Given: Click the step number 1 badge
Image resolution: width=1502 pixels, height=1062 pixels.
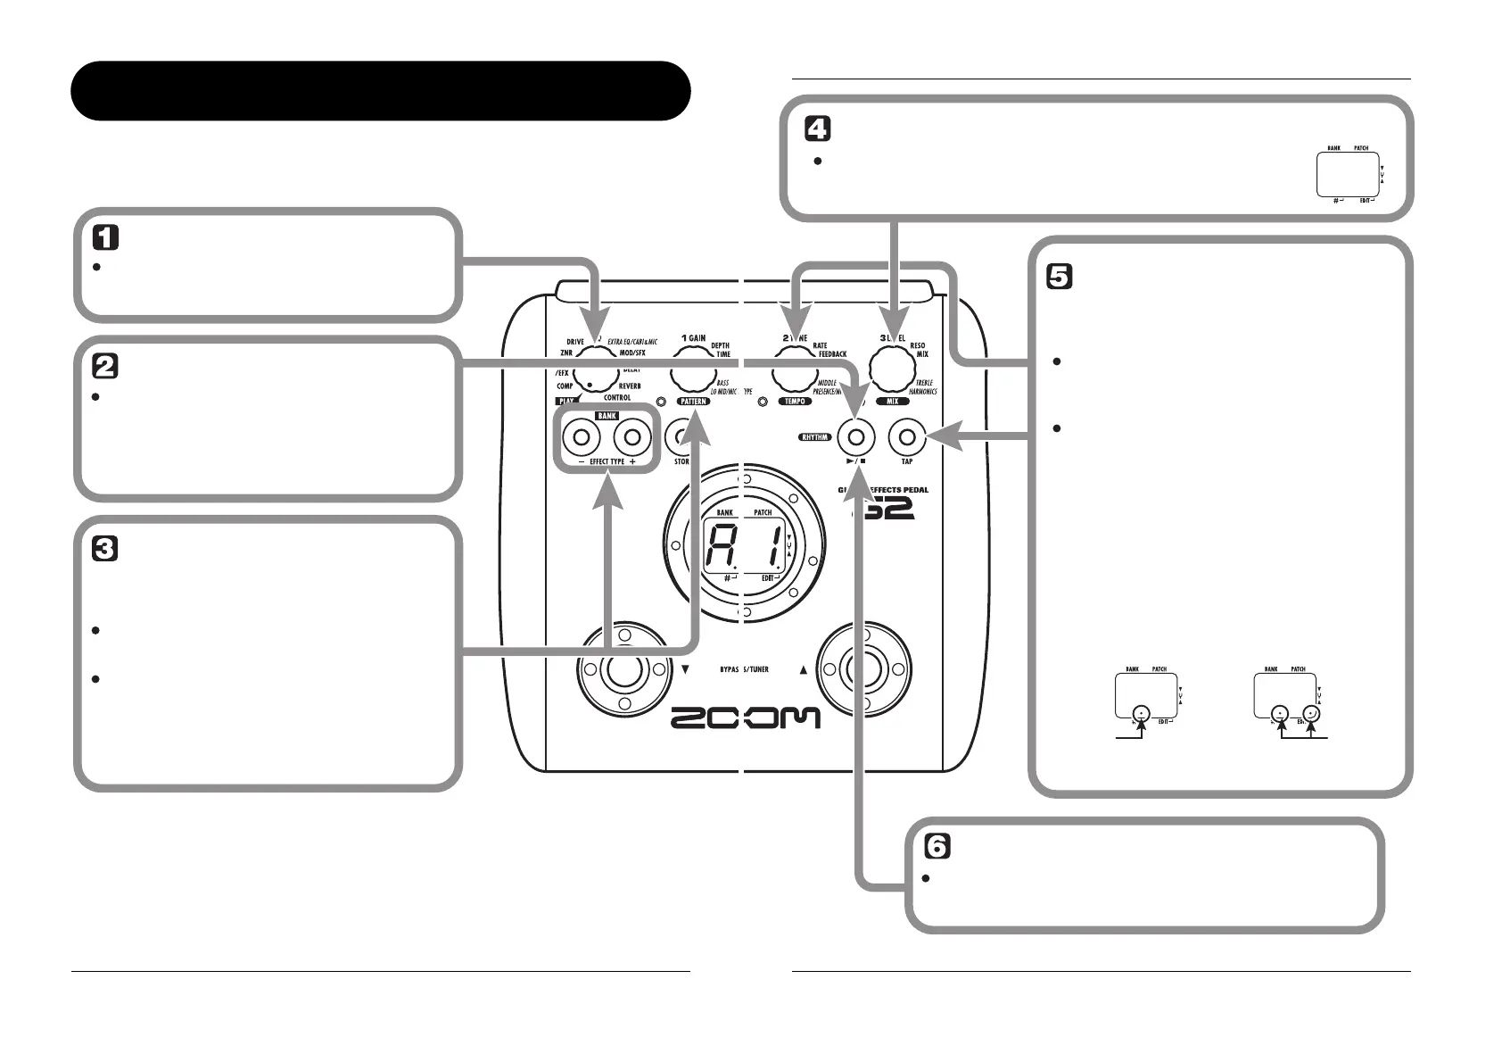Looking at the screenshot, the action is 106,237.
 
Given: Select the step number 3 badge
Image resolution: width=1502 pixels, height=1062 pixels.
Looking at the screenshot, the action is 106,548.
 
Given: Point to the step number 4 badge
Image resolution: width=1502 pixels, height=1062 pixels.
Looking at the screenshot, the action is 817,129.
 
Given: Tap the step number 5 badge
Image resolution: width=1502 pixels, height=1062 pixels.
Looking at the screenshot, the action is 1059,278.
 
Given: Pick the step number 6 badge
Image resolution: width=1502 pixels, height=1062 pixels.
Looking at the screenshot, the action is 937,846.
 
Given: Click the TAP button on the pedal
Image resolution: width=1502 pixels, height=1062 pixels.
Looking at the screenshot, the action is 907,437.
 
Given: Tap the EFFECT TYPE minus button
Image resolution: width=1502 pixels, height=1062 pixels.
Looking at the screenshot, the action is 582,437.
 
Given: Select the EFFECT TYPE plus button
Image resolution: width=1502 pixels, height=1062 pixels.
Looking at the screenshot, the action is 632,437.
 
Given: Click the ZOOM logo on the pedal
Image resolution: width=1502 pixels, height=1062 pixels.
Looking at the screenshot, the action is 745,718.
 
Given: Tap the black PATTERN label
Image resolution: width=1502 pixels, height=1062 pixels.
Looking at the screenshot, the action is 694,402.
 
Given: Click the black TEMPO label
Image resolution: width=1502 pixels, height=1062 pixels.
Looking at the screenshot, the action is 794,402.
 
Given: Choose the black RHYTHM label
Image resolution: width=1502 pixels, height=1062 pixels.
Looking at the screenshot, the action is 815,437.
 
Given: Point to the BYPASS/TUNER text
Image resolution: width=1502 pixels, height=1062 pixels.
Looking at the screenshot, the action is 744,668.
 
